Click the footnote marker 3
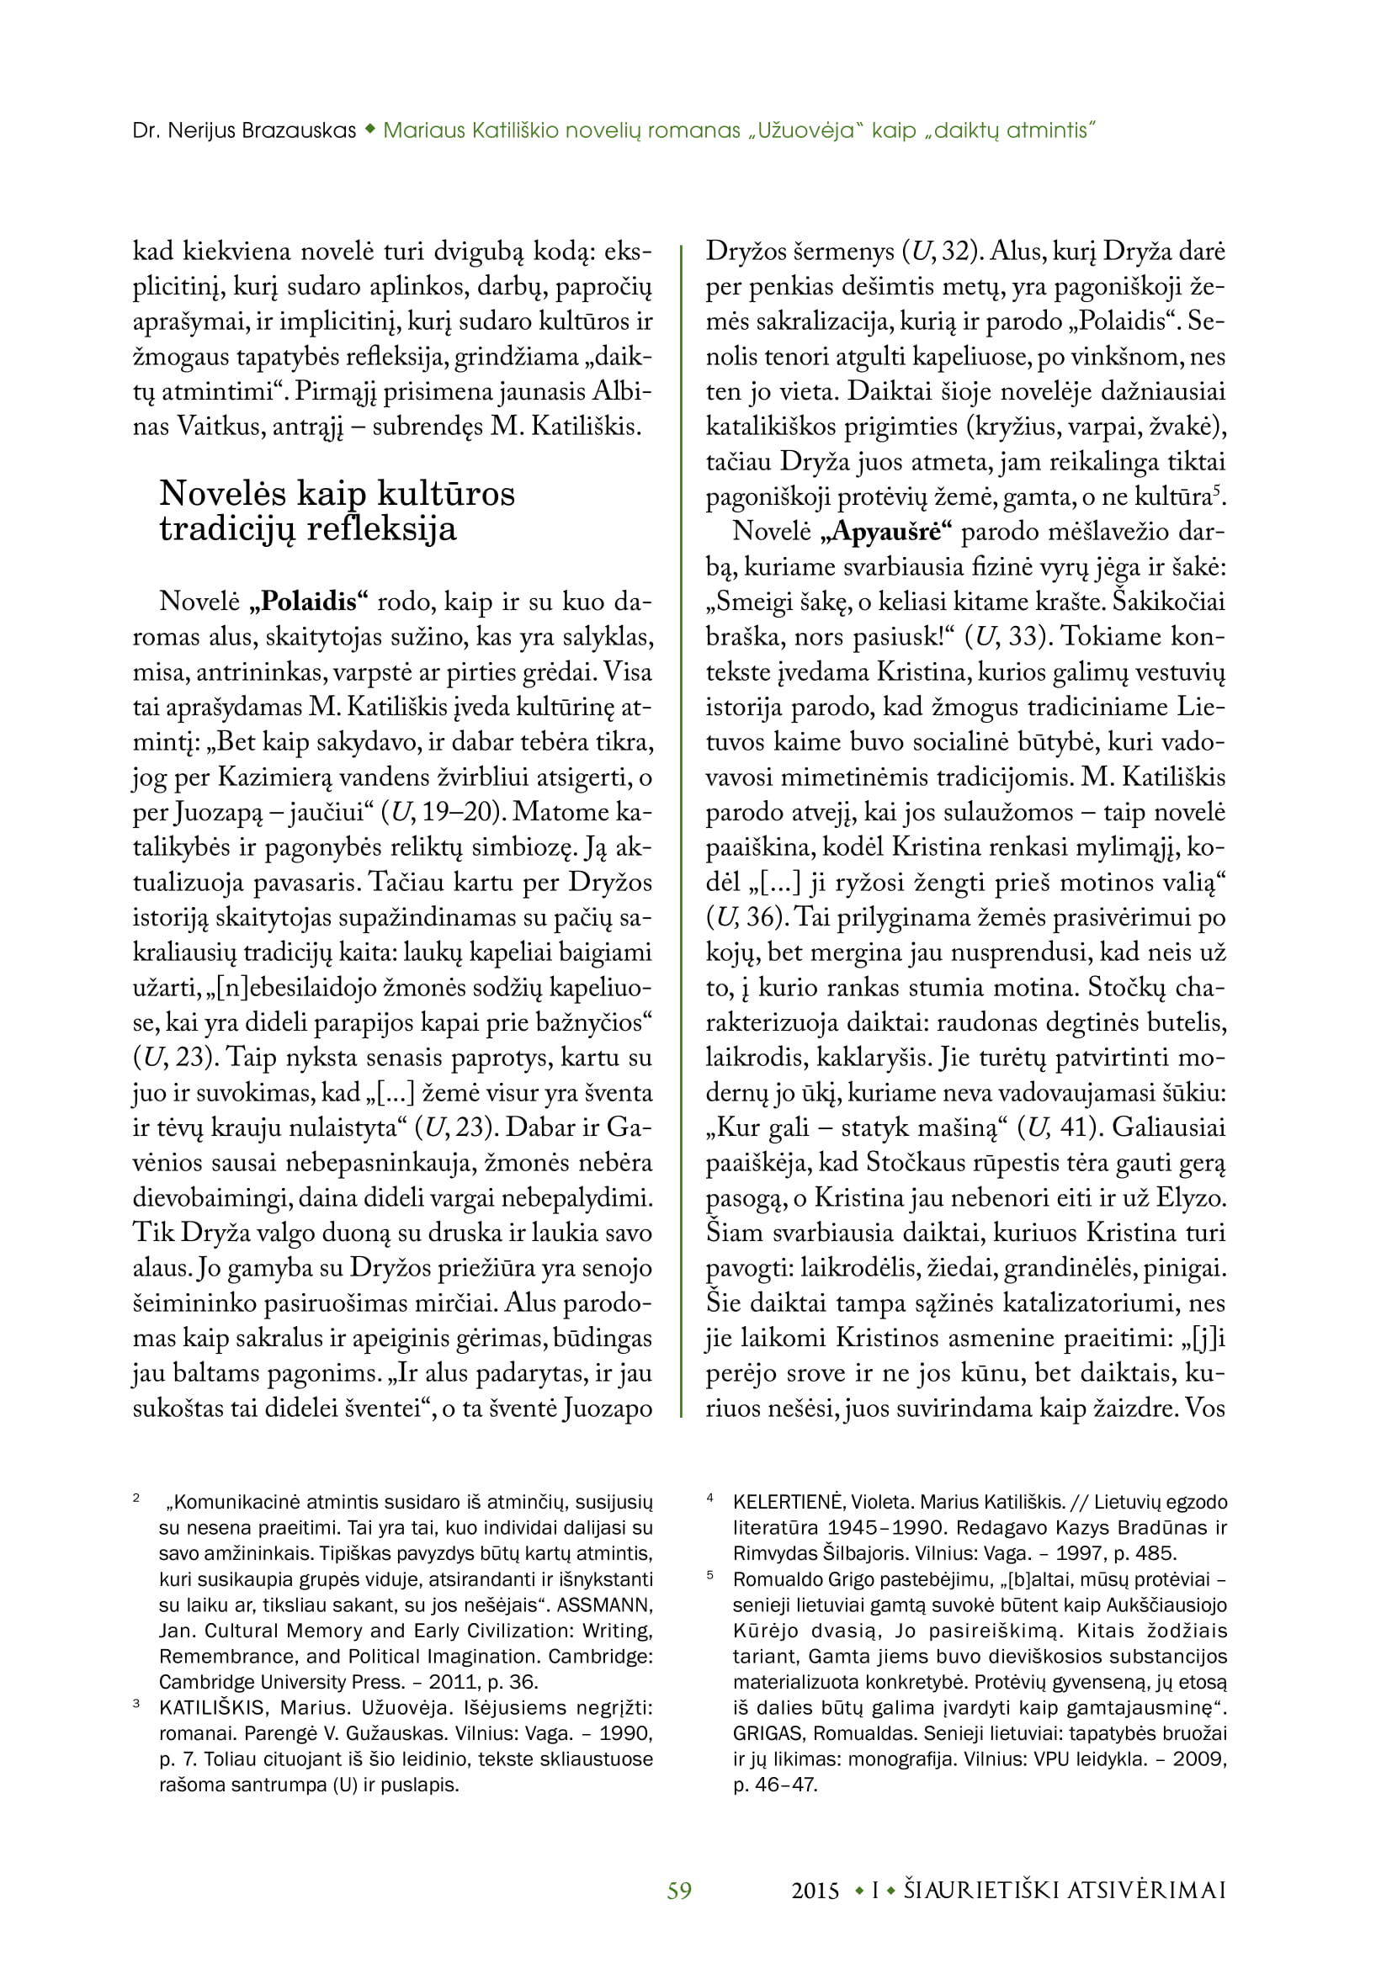pyautogui.click(x=136, y=1704)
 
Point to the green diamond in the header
pyautogui.click(x=369, y=130)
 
